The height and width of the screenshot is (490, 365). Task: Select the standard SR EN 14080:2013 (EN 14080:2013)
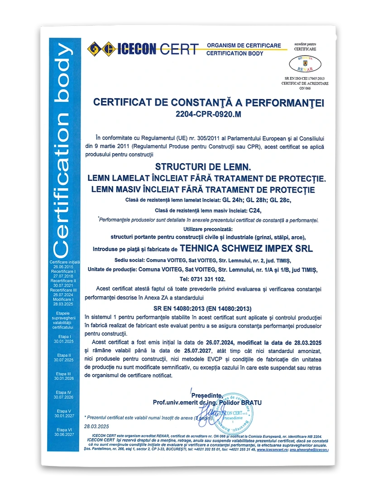[x=209, y=308]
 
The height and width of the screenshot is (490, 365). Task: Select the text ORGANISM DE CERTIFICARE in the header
[x=244, y=45]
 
